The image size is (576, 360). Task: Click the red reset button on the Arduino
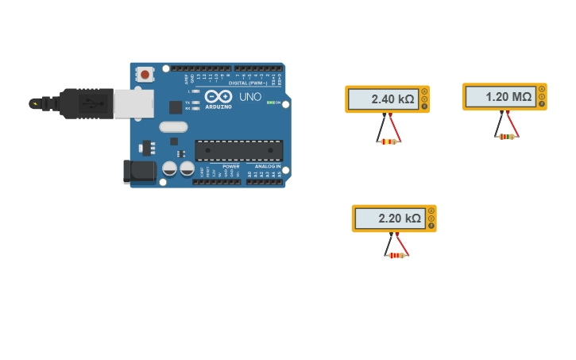[x=145, y=74]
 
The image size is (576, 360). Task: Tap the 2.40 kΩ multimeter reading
[x=392, y=99]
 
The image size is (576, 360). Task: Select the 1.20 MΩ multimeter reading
[x=508, y=97]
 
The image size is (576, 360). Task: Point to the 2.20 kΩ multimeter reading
[x=400, y=219]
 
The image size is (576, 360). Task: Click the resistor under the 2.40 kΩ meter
[x=388, y=141]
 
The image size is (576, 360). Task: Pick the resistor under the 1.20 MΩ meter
[x=506, y=137]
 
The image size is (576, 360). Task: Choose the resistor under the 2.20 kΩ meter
[x=396, y=255]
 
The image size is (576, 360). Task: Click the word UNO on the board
[x=249, y=97]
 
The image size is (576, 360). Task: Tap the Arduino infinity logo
[x=218, y=96]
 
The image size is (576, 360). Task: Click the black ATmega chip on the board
[x=238, y=150]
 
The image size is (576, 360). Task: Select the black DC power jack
[x=140, y=171]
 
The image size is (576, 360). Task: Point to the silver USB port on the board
[x=133, y=104]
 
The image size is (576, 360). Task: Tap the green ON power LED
[x=270, y=103]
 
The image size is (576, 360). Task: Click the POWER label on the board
[x=230, y=166]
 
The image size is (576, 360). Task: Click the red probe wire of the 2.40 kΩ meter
[x=394, y=127]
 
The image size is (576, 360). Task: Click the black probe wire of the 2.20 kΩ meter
[x=390, y=242]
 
